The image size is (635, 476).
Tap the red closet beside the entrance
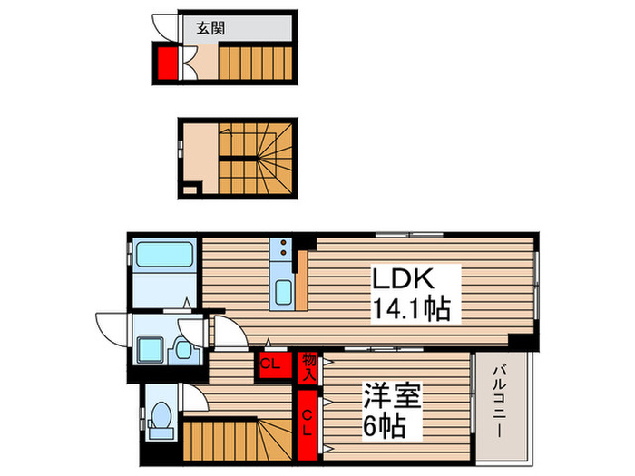click(x=165, y=64)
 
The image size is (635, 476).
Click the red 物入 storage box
click(x=309, y=364)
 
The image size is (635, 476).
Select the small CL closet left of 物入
click(x=270, y=364)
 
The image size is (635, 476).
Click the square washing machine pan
click(x=149, y=349)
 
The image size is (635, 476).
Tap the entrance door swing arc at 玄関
click(x=166, y=26)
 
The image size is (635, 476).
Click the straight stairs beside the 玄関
click(x=257, y=64)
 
